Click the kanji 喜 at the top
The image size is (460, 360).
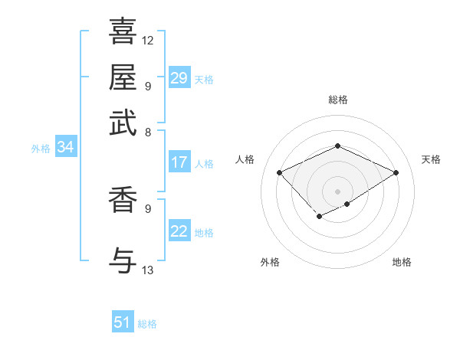click(123, 31)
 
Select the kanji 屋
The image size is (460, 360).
click(123, 77)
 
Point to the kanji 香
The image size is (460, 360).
click(123, 200)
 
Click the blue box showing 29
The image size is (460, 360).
click(179, 78)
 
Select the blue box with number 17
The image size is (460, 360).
click(179, 162)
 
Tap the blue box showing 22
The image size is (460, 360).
click(179, 232)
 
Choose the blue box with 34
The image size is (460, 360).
click(65, 148)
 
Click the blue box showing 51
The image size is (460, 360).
click(123, 322)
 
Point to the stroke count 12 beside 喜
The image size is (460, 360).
click(148, 40)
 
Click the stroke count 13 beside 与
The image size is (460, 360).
click(148, 270)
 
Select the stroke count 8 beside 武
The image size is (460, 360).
click(148, 132)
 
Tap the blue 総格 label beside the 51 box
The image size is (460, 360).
click(147, 324)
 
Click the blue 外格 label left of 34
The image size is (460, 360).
click(41, 149)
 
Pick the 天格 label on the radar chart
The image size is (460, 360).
click(432, 159)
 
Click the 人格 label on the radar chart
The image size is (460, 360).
click(245, 159)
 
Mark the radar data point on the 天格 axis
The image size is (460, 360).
click(396, 172)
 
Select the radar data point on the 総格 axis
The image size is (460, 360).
click(337, 146)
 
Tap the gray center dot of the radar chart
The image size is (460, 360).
click(337, 191)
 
